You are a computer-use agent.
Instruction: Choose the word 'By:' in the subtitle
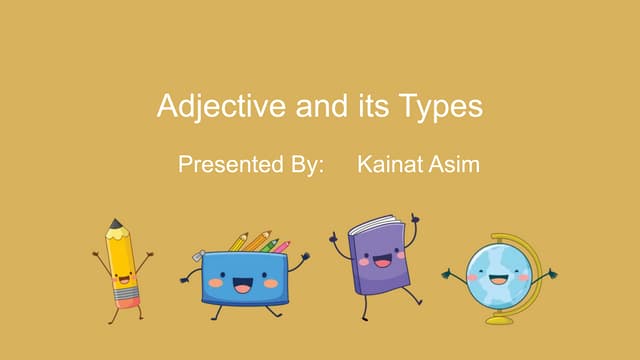[304, 164]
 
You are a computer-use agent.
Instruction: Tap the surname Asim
[455, 164]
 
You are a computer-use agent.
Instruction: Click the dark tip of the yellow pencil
[115, 224]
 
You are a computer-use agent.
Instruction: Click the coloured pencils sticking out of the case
[258, 242]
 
